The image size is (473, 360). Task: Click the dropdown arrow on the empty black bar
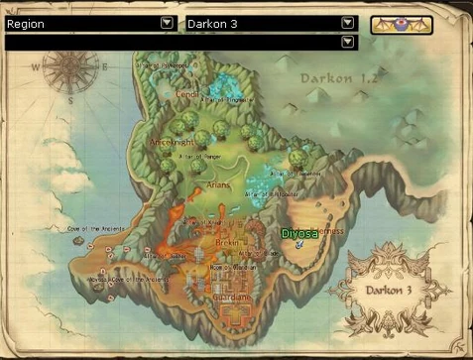coord(347,42)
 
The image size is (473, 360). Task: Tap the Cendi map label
coord(187,83)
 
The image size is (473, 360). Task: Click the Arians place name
coord(218,184)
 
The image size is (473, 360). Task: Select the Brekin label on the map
coord(226,241)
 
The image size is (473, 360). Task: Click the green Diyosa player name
coord(297,233)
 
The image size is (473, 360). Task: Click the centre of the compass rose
coord(69,68)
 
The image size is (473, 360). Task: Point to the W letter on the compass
coord(37,68)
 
